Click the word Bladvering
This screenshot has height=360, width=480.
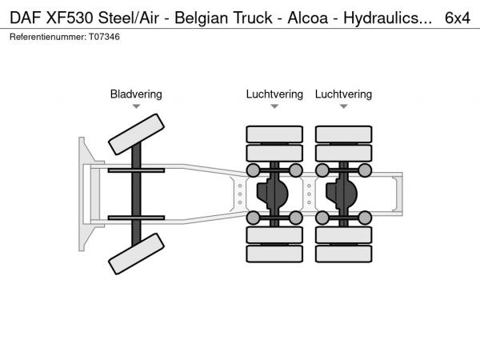[x=136, y=94]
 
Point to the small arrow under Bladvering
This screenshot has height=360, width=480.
[x=136, y=106]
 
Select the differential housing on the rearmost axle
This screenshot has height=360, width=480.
[x=343, y=193]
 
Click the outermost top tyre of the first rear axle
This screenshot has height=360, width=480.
[x=274, y=134]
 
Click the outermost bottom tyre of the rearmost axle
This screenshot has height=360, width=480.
[x=343, y=254]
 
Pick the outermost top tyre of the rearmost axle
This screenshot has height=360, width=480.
[x=343, y=134]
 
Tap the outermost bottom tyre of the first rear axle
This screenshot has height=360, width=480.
[x=274, y=254]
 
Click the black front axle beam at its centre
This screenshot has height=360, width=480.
[x=136, y=194]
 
